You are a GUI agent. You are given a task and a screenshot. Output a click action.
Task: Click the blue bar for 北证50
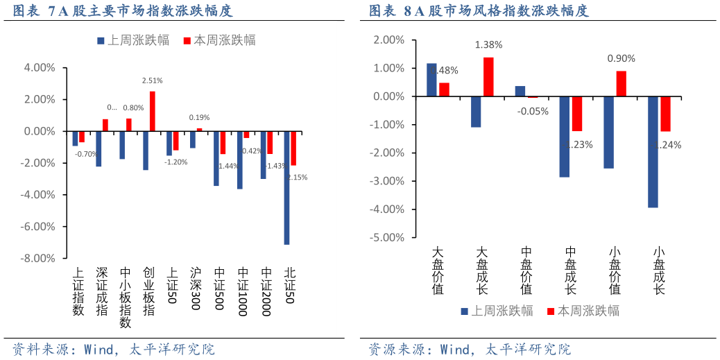click(x=286, y=187)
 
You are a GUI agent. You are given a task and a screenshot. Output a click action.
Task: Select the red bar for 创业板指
click(x=153, y=111)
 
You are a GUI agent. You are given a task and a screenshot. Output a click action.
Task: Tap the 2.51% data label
click(x=153, y=80)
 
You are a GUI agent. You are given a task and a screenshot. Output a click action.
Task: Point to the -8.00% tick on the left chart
click(x=40, y=259)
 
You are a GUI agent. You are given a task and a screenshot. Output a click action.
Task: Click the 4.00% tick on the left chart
click(x=40, y=68)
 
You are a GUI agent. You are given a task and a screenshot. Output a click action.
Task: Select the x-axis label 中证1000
click(x=242, y=292)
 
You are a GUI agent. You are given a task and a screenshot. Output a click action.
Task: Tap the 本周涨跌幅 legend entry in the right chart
click(x=584, y=311)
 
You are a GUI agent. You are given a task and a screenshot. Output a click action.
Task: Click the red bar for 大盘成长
click(x=488, y=76)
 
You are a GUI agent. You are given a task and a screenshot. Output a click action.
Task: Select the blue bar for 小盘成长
click(x=653, y=152)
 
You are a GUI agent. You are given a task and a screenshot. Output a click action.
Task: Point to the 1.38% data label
click(x=488, y=44)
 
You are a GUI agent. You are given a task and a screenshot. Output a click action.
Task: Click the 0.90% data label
click(x=621, y=58)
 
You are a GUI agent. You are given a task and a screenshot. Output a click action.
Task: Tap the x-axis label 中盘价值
click(x=526, y=271)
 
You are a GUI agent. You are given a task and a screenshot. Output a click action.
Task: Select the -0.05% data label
click(x=533, y=111)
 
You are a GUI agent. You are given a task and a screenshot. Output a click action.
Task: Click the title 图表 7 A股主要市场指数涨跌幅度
click(x=123, y=10)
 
